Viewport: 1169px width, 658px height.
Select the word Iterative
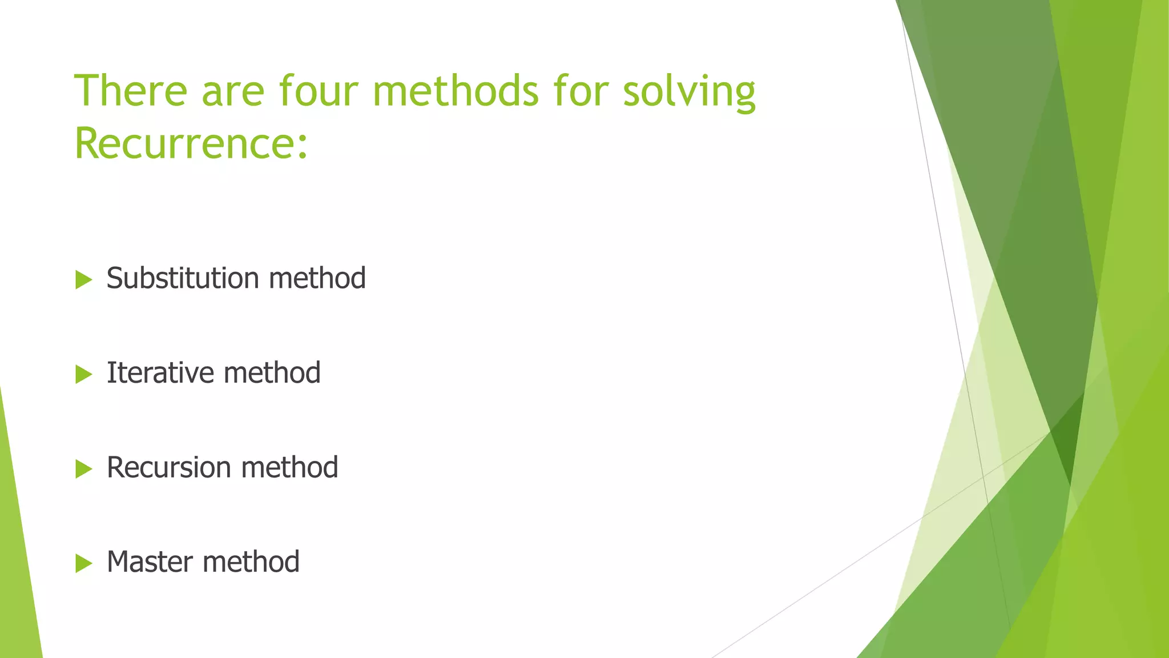160,373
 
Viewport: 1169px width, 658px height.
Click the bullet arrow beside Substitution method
83,280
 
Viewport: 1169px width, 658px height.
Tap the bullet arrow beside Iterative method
83,375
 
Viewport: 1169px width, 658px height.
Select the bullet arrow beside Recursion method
83,470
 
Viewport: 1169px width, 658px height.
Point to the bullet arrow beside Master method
83,564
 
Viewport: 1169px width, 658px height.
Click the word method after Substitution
317,278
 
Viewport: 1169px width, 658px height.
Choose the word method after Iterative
272,373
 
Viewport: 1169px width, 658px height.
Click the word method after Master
251,561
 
